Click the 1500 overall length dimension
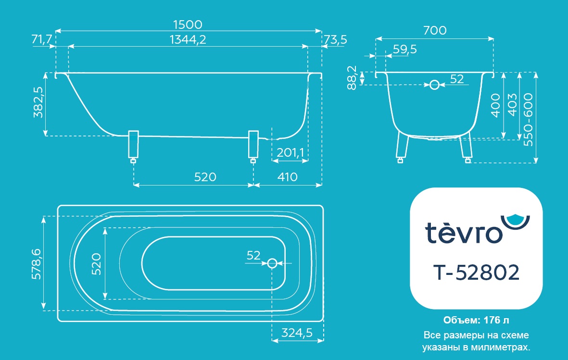188,25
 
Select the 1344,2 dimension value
188,39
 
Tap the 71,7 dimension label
42,39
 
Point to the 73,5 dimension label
335,39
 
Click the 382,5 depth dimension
38,102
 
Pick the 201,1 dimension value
290,152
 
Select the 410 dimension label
287,177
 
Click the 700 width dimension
435,30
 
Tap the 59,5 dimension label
404,49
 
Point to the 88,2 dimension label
352,77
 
